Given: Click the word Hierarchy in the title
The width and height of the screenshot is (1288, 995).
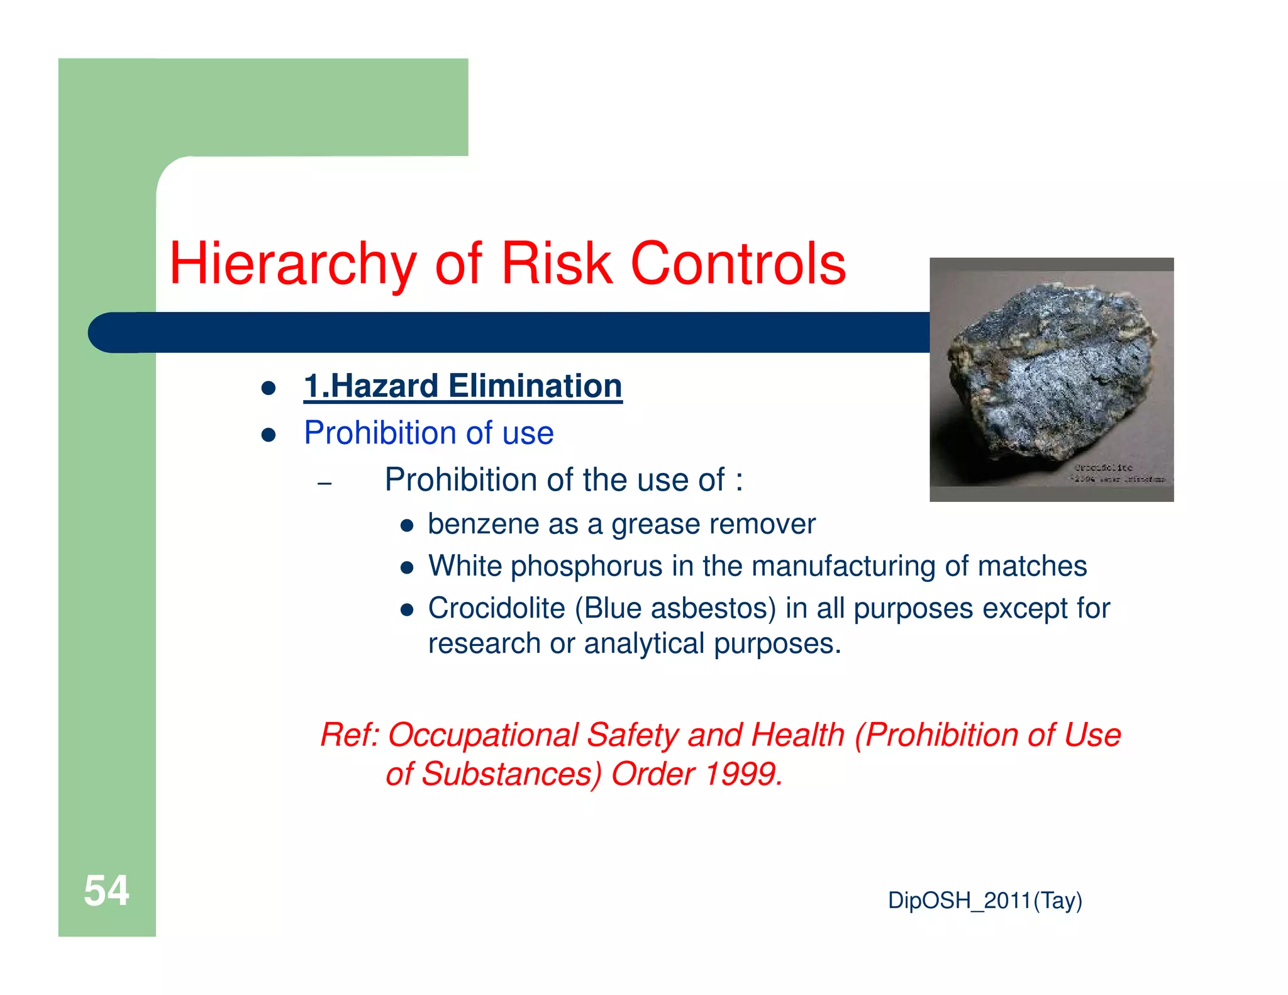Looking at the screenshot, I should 292,264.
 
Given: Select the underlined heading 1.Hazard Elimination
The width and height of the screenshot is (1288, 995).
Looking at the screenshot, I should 462,386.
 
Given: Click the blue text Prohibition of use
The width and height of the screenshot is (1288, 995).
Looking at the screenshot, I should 428,433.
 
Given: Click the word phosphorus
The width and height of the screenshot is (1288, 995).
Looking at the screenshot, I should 586,566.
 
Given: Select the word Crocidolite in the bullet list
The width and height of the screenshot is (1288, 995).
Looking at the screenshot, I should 496,608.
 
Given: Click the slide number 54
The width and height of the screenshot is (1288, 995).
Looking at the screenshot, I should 106,891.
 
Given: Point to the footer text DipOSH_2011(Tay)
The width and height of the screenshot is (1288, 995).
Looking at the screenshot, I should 984,901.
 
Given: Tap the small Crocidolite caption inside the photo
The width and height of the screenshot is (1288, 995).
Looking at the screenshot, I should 1103,467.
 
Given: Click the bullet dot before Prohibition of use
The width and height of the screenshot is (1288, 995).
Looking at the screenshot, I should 269,435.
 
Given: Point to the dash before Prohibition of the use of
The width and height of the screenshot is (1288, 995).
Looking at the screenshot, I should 325,484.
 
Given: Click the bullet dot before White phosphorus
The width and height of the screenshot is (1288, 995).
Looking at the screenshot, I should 407,568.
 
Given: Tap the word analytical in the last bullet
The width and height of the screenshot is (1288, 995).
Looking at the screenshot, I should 644,644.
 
